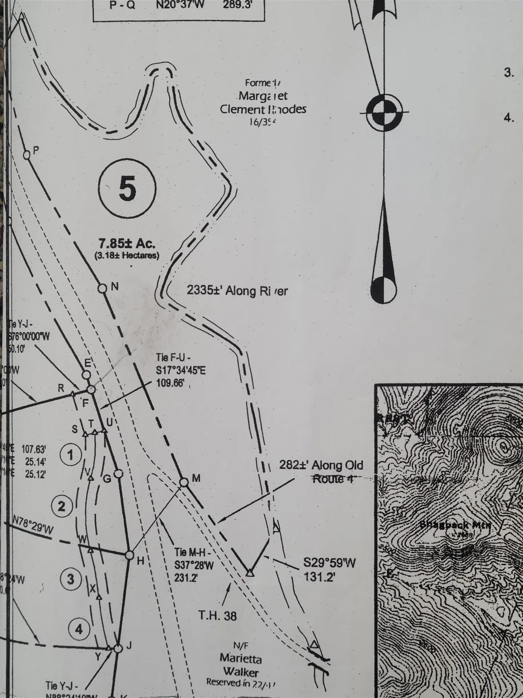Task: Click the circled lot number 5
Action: coord(128,189)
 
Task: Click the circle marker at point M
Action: coord(184,482)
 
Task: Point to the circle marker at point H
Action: coord(129,555)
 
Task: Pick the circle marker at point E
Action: coord(86,375)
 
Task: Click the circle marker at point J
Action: coord(117,649)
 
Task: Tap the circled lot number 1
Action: coord(70,455)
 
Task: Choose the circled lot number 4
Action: coord(79,629)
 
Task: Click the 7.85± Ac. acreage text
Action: coord(126,243)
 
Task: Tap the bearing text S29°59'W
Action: coord(329,563)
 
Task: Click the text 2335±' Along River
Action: coord(237,291)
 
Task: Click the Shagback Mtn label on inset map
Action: coord(455,525)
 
